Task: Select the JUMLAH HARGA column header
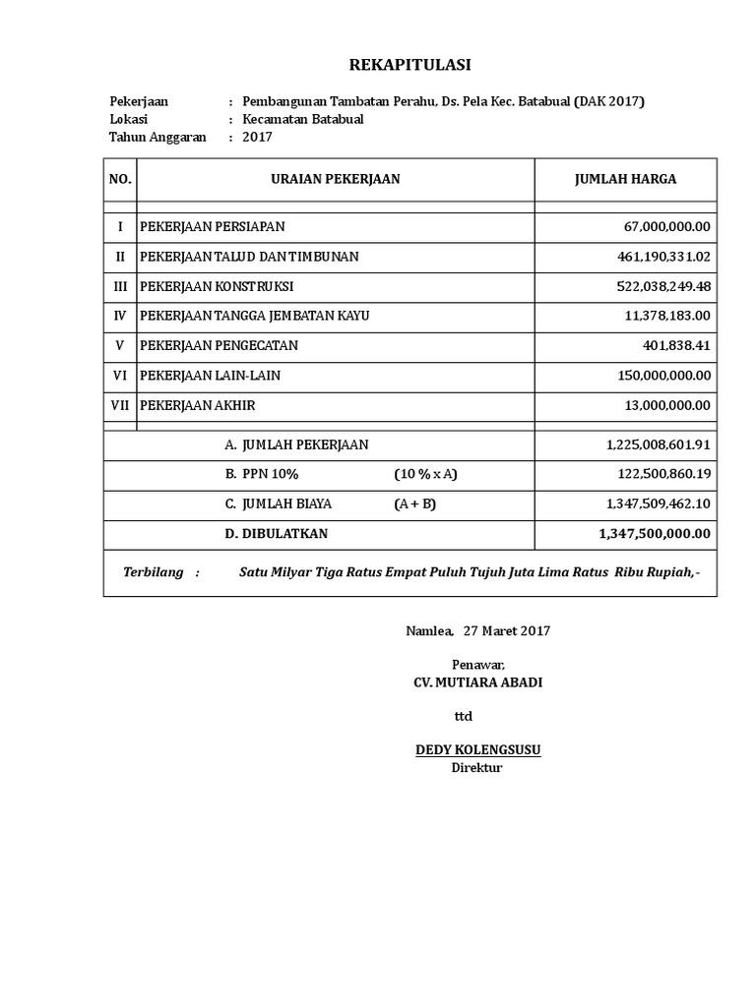click(x=625, y=179)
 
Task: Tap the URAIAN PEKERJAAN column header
click(x=336, y=179)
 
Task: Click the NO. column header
click(x=120, y=179)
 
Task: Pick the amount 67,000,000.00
click(x=666, y=227)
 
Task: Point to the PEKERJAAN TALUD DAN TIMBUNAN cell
click(x=249, y=257)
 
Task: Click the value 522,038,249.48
click(x=661, y=286)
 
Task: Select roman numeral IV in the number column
click(x=120, y=316)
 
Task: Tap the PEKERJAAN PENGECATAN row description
click(x=219, y=346)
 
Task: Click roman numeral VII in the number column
click(x=120, y=405)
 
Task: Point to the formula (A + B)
click(x=414, y=503)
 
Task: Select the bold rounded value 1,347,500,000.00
click(x=654, y=533)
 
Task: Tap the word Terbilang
click(x=153, y=573)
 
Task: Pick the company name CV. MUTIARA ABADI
click(x=477, y=682)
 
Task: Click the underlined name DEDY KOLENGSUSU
click(x=477, y=750)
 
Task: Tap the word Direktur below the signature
click(x=476, y=767)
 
